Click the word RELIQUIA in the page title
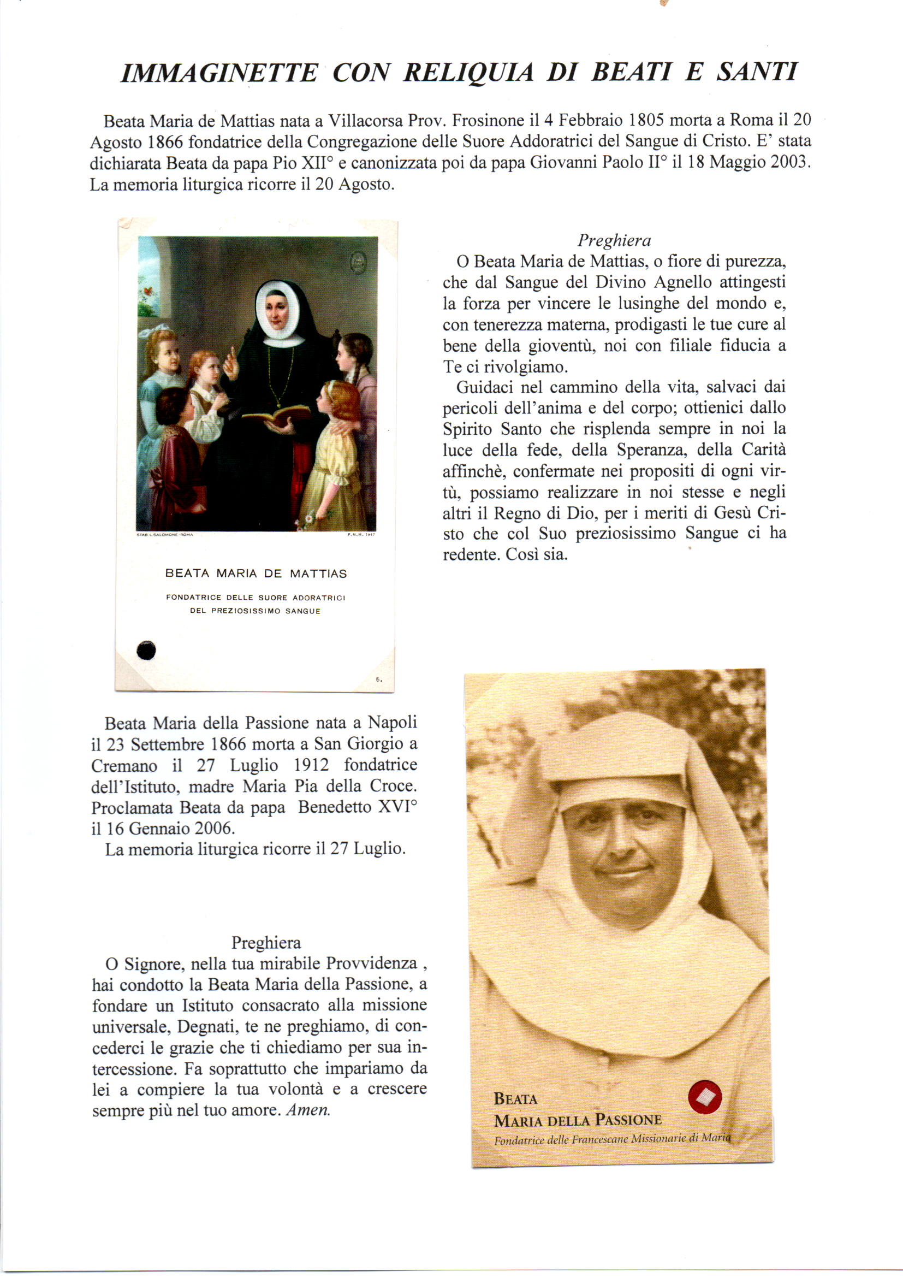(x=468, y=73)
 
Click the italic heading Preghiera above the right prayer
(x=614, y=240)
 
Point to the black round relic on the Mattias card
(x=146, y=649)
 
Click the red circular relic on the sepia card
(x=704, y=1097)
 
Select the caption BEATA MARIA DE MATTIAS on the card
(x=256, y=574)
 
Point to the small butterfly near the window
(x=148, y=290)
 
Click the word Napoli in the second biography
(x=393, y=723)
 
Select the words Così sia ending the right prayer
(x=537, y=554)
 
